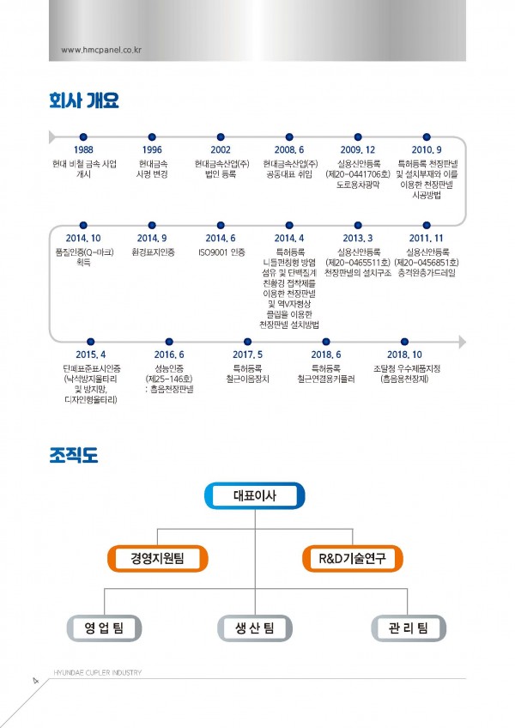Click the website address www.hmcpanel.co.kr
[x=102, y=49]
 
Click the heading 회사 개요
[x=83, y=101]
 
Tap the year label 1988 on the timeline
[x=84, y=149]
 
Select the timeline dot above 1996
[x=152, y=136]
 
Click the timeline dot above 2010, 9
[x=427, y=136]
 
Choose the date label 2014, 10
[x=84, y=238]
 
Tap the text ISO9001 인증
[x=221, y=252]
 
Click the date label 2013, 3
[x=358, y=238]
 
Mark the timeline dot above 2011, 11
[x=427, y=224]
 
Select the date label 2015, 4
[x=91, y=355]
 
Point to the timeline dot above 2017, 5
[x=248, y=342]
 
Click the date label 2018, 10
[x=405, y=355]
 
